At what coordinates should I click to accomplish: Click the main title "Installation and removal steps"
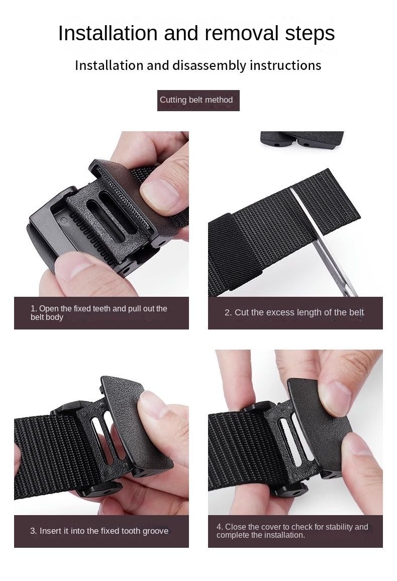pyautogui.click(x=196, y=34)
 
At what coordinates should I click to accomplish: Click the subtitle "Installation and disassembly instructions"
pyautogui.click(x=198, y=65)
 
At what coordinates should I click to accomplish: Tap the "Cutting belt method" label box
pyautogui.click(x=198, y=100)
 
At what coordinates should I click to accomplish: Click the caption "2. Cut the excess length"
pyautogui.click(x=295, y=313)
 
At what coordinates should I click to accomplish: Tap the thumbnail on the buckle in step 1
pyautogui.click(x=160, y=194)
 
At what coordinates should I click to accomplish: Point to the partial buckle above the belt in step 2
pyautogui.click(x=302, y=140)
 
